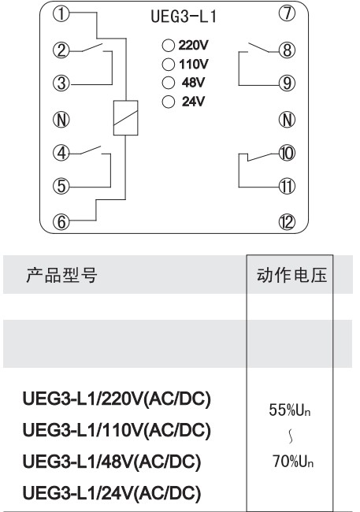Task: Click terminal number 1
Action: point(61,14)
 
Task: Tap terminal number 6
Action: point(61,222)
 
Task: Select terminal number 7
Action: point(287,13)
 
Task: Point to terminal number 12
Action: point(287,222)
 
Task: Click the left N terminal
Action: point(61,120)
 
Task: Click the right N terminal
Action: point(288,120)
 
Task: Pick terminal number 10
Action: point(287,153)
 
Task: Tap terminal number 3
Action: point(61,83)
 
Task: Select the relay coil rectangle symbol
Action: point(125,117)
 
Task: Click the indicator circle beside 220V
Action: point(169,45)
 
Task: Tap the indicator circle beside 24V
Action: point(169,102)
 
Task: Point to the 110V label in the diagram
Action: point(194,64)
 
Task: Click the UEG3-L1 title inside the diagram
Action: point(184,17)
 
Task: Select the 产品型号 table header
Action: point(61,275)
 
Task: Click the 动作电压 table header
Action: point(291,275)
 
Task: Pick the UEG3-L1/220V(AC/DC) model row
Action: point(117,399)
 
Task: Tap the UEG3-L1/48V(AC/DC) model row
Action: point(111,462)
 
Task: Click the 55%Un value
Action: point(289,410)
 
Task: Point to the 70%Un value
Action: point(293,462)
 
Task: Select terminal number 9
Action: point(287,83)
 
